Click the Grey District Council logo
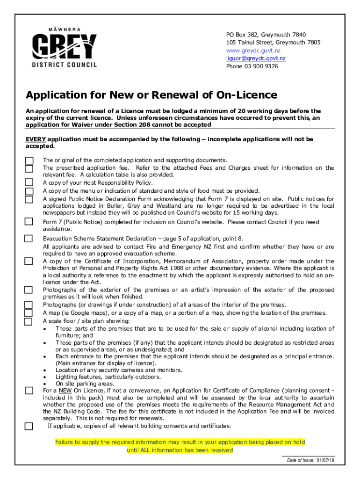tap(65, 47)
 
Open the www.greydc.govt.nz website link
tap(253, 50)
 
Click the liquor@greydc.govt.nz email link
tap(256, 58)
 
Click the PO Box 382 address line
tap(266, 35)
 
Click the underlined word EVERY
tap(36, 139)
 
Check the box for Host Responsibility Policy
tap(29, 182)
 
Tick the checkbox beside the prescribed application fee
tap(29, 168)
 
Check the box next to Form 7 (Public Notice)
tap(29, 222)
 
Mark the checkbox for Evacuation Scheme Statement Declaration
tap(29, 239)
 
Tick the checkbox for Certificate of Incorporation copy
tap(29, 261)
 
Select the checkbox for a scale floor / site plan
tap(29, 321)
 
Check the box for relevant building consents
tap(29, 426)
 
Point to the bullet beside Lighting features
tap(44, 377)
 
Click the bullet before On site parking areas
tap(44, 384)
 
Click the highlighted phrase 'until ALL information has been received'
tap(180, 450)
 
